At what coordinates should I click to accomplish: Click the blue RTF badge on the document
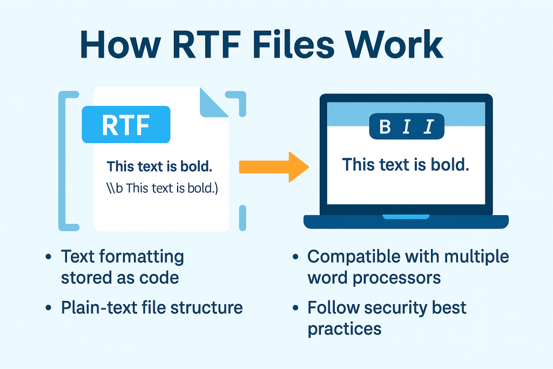[126, 124]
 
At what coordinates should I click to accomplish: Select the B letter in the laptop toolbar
[385, 127]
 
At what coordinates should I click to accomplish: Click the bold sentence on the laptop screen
[406, 164]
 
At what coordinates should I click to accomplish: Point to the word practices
[345, 329]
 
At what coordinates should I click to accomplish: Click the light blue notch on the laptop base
[406, 217]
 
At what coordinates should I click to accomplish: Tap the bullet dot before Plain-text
[50, 308]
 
